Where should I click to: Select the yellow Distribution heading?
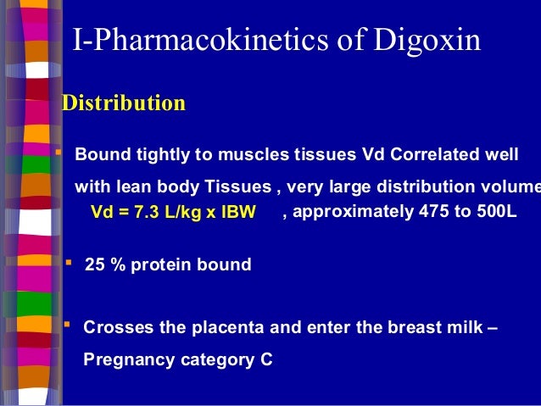pyautogui.click(x=125, y=103)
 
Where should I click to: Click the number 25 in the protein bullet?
pyautogui.click(x=95, y=264)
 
